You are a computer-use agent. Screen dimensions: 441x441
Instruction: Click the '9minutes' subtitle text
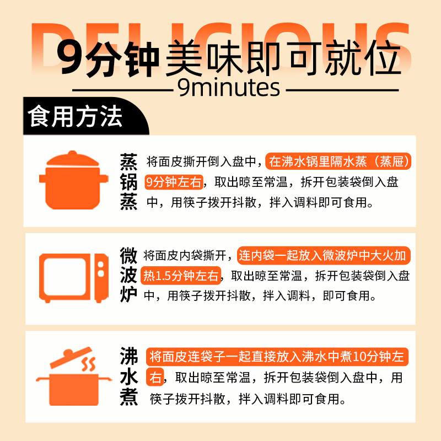[229, 87]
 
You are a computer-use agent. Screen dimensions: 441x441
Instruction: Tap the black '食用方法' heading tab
[77, 117]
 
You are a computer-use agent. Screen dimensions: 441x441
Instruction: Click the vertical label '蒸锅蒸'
[128, 181]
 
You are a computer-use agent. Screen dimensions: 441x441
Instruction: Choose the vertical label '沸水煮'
[128, 377]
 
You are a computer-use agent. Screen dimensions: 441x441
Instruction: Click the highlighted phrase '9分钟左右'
[174, 182]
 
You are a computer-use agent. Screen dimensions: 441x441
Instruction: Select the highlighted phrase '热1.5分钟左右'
[182, 275]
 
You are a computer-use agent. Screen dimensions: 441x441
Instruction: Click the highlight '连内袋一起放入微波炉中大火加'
[324, 256]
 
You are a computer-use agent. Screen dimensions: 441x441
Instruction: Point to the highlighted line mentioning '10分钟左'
[277, 357]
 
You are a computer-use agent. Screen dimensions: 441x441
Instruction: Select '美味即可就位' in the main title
[283, 59]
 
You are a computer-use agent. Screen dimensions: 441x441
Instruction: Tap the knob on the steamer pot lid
[72, 154]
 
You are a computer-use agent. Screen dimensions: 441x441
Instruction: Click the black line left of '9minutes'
[124, 89]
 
